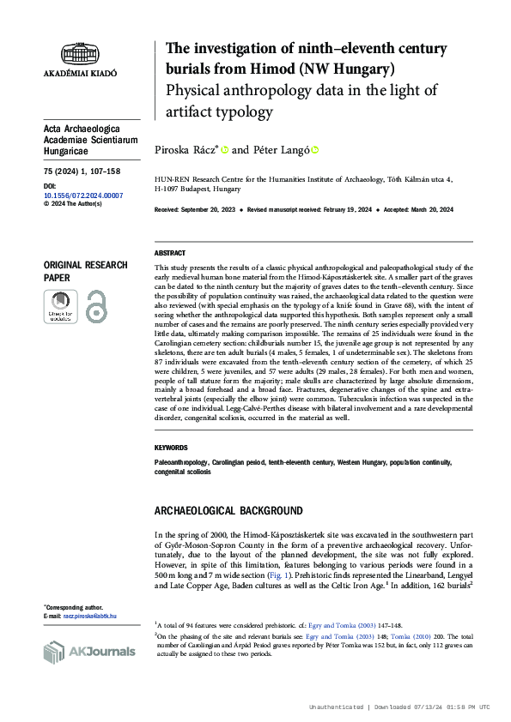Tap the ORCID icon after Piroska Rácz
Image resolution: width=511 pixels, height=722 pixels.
225,149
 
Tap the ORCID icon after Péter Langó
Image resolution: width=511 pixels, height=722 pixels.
314,149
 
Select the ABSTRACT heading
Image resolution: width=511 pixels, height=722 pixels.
169,254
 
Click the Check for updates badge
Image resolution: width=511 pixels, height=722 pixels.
60,307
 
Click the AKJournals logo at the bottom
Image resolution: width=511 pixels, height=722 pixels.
89,652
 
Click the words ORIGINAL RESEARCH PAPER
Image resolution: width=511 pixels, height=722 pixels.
85,271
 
